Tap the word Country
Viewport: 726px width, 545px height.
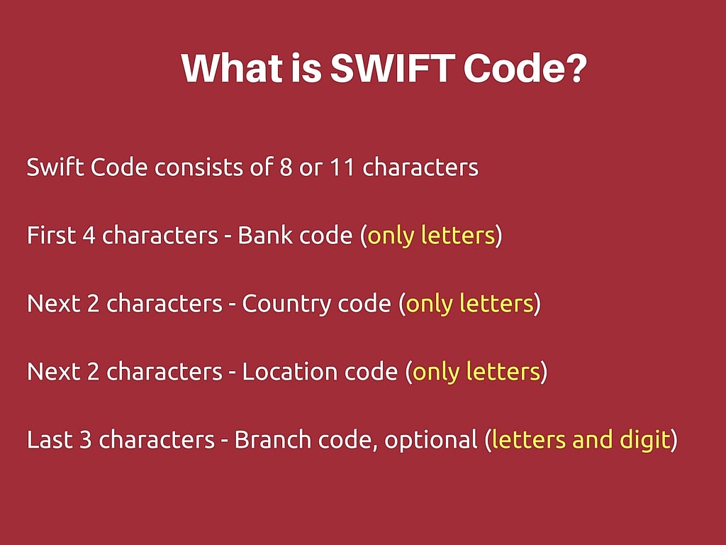click(x=279, y=304)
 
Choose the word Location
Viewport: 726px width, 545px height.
click(x=282, y=372)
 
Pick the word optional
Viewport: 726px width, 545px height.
click(x=431, y=440)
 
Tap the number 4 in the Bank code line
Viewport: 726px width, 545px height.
click(x=89, y=236)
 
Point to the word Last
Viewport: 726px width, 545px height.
click(x=49, y=440)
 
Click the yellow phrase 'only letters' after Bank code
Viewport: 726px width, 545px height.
click(x=430, y=236)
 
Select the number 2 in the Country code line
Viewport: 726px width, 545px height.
click(x=93, y=304)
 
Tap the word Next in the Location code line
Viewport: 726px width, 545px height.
click(x=52, y=372)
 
